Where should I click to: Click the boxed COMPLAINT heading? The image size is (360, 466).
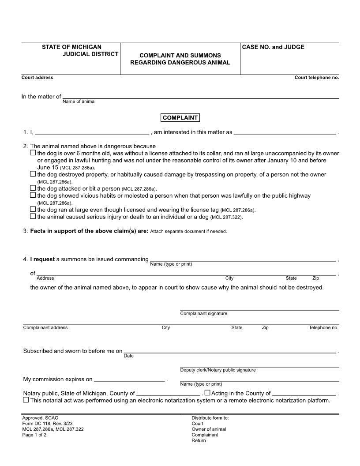(x=180, y=118)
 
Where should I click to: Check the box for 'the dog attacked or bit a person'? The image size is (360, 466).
(x=33, y=188)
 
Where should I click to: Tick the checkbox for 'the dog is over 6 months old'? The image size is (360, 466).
(x=33, y=153)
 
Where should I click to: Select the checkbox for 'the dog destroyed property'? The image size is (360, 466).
(x=33, y=174)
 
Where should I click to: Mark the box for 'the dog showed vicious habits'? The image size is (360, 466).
(x=33, y=195)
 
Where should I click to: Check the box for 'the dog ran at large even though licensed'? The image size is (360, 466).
(x=33, y=209)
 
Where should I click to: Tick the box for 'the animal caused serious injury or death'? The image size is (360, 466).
(x=33, y=216)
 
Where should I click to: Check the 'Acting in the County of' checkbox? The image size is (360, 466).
(x=207, y=393)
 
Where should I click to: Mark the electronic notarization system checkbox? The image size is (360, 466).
(x=26, y=400)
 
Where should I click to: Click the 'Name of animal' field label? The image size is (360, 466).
(x=79, y=101)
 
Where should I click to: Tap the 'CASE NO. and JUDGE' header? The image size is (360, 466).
(x=273, y=47)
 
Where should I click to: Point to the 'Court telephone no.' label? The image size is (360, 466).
(x=317, y=78)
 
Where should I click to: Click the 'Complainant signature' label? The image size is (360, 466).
(x=204, y=314)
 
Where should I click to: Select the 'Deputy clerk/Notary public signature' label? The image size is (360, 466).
(x=218, y=370)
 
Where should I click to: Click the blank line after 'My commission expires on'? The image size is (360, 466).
(x=129, y=380)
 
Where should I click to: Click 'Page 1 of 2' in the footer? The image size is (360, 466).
(x=34, y=435)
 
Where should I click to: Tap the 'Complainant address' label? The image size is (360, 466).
(x=45, y=328)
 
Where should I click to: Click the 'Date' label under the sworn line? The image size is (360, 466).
(x=128, y=356)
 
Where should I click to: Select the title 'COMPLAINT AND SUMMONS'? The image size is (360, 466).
(x=180, y=56)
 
